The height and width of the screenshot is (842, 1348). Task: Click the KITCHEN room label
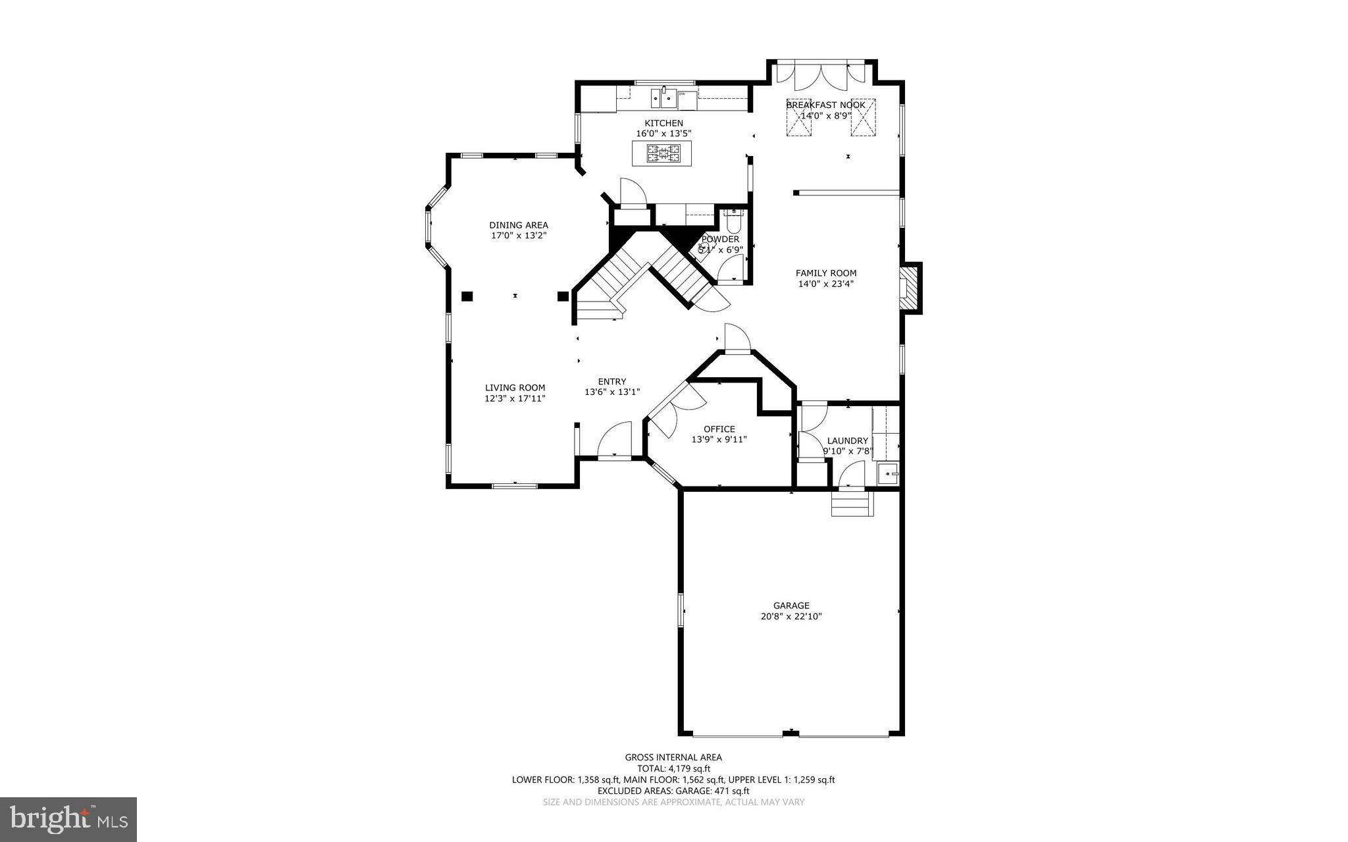pyautogui.click(x=663, y=123)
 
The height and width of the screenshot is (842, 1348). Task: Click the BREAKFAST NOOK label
pyautogui.click(x=825, y=105)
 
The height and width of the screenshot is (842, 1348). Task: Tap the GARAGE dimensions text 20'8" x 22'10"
pyautogui.click(x=791, y=617)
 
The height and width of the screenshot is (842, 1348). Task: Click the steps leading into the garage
pyautogui.click(x=852, y=505)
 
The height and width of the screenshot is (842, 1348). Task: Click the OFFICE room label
pyautogui.click(x=719, y=429)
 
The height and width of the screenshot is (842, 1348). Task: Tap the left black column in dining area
pyautogui.click(x=467, y=296)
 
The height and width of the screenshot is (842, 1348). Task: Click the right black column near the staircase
pyautogui.click(x=563, y=296)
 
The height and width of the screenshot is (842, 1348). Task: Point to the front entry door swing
pyautogui.click(x=615, y=440)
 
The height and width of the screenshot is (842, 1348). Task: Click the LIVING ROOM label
pyautogui.click(x=515, y=388)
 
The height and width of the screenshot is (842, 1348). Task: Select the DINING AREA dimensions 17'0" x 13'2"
pyautogui.click(x=519, y=235)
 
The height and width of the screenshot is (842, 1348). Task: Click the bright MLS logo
pyautogui.click(x=68, y=819)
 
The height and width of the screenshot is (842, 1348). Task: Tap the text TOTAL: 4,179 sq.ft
pyautogui.click(x=673, y=768)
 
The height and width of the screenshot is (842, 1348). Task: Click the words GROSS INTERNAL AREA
pyautogui.click(x=673, y=757)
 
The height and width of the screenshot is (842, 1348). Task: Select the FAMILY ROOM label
pyautogui.click(x=825, y=273)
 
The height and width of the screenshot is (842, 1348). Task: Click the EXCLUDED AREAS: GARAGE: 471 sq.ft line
pyautogui.click(x=673, y=791)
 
